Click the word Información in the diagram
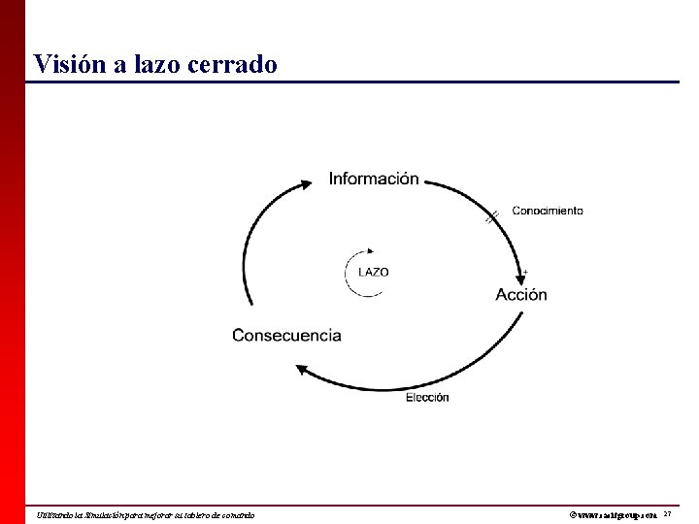[374, 179]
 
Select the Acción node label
[521, 295]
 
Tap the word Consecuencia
[286, 336]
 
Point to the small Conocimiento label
[548, 210]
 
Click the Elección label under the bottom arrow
[427, 397]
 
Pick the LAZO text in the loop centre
[374, 273]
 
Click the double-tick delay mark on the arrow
[492, 216]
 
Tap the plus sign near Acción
[525, 272]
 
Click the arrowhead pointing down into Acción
[517, 275]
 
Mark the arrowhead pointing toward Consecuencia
[301, 367]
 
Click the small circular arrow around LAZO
[351, 273]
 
